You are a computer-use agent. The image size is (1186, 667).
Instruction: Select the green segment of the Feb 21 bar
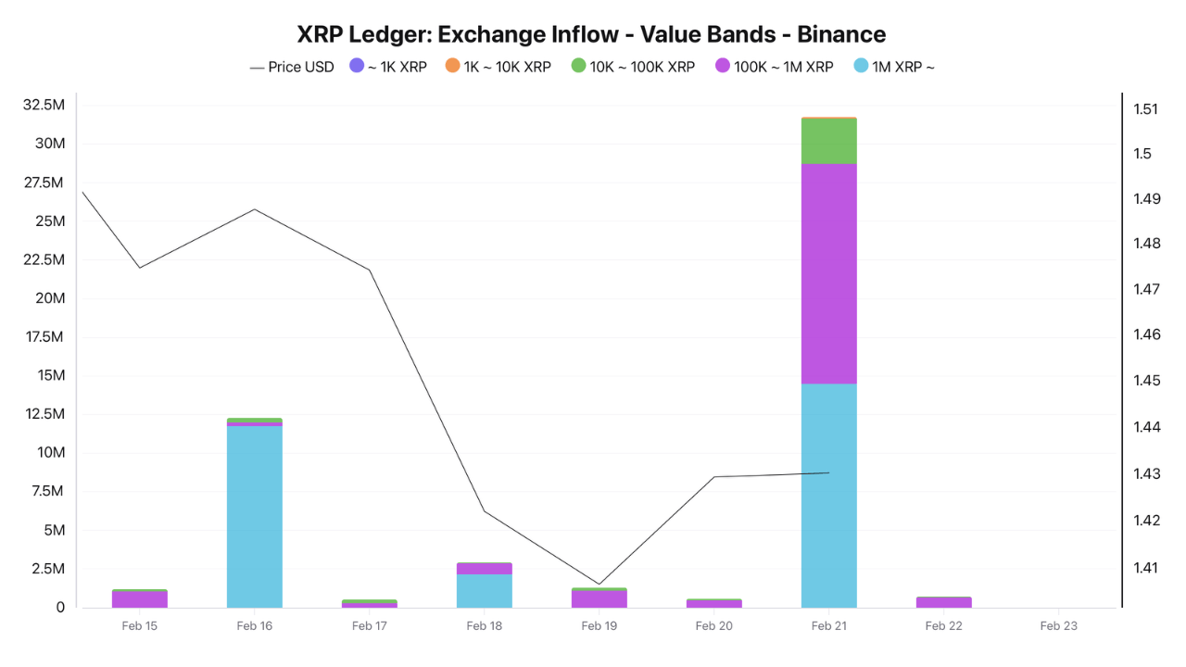(828, 141)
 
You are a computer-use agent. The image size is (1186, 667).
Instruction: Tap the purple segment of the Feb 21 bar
(828, 273)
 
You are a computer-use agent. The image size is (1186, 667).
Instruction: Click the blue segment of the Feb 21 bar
(828, 496)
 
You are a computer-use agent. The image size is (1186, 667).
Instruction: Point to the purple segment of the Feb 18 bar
(484, 568)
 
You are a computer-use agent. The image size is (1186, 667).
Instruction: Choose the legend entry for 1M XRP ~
(893, 67)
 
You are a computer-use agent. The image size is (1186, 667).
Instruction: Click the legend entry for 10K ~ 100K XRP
(633, 67)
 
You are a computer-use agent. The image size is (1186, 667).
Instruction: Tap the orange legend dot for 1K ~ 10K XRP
(452, 66)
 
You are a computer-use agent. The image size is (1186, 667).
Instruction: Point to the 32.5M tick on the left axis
(44, 105)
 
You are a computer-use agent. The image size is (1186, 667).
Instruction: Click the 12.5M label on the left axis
(44, 414)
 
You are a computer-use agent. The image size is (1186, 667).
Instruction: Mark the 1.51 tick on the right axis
(1145, 108)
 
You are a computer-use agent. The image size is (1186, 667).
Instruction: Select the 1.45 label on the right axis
(1145, 381)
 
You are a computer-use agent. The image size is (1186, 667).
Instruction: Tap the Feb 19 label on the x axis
(599, 626)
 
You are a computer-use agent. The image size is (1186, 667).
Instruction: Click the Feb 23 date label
(1058, 626)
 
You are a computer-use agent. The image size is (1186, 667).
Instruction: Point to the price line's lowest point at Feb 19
(599, 585)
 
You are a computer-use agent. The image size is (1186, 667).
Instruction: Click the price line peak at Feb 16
(254, 208)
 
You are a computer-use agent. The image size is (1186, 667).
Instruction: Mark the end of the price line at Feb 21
(829, 472)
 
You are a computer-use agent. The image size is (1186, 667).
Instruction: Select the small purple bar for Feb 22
(943, 602)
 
